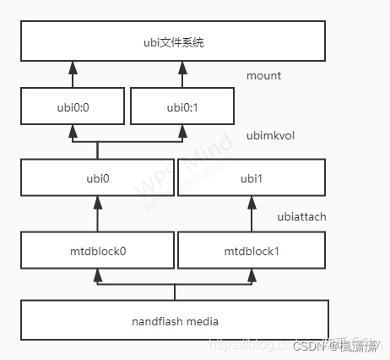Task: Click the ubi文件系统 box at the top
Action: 174,41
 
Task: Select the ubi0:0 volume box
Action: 72,107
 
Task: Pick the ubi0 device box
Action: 98,179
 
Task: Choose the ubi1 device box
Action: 252,179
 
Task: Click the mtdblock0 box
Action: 98,251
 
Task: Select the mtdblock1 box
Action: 252,251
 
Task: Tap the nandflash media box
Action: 174,321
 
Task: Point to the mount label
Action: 263,76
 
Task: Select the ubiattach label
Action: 301,217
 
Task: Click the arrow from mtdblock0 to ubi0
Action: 98,215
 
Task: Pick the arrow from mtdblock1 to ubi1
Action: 252,215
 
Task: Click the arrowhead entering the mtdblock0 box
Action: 98,275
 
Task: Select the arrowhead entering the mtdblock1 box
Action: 252,275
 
